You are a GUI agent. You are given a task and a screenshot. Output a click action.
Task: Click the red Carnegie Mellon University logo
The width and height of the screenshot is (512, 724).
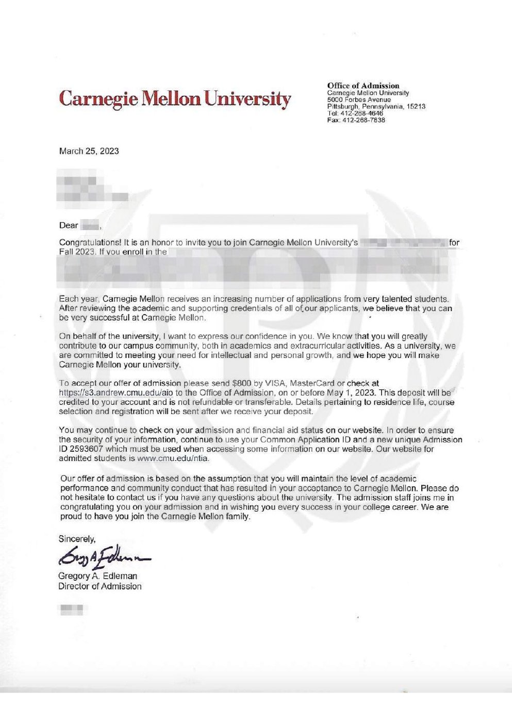coord(175,98)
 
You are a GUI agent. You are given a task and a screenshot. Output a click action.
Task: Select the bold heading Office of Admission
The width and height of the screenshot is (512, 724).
coord(363,86)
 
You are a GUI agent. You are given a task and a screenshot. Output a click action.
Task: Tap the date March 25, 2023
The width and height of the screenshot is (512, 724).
coord(89,151)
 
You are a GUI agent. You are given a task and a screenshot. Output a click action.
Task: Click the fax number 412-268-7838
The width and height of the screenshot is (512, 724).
coord(363,120)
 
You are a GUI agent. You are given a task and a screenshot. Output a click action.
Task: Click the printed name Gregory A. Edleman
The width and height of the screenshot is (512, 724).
coord(98,576)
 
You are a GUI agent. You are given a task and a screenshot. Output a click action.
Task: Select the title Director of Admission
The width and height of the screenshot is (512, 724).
coord(100,586)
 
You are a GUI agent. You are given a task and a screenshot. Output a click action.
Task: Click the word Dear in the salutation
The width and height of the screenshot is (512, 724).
coord(69,225)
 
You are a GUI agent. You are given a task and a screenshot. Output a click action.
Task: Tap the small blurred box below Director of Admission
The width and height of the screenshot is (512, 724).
coord(71,610)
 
